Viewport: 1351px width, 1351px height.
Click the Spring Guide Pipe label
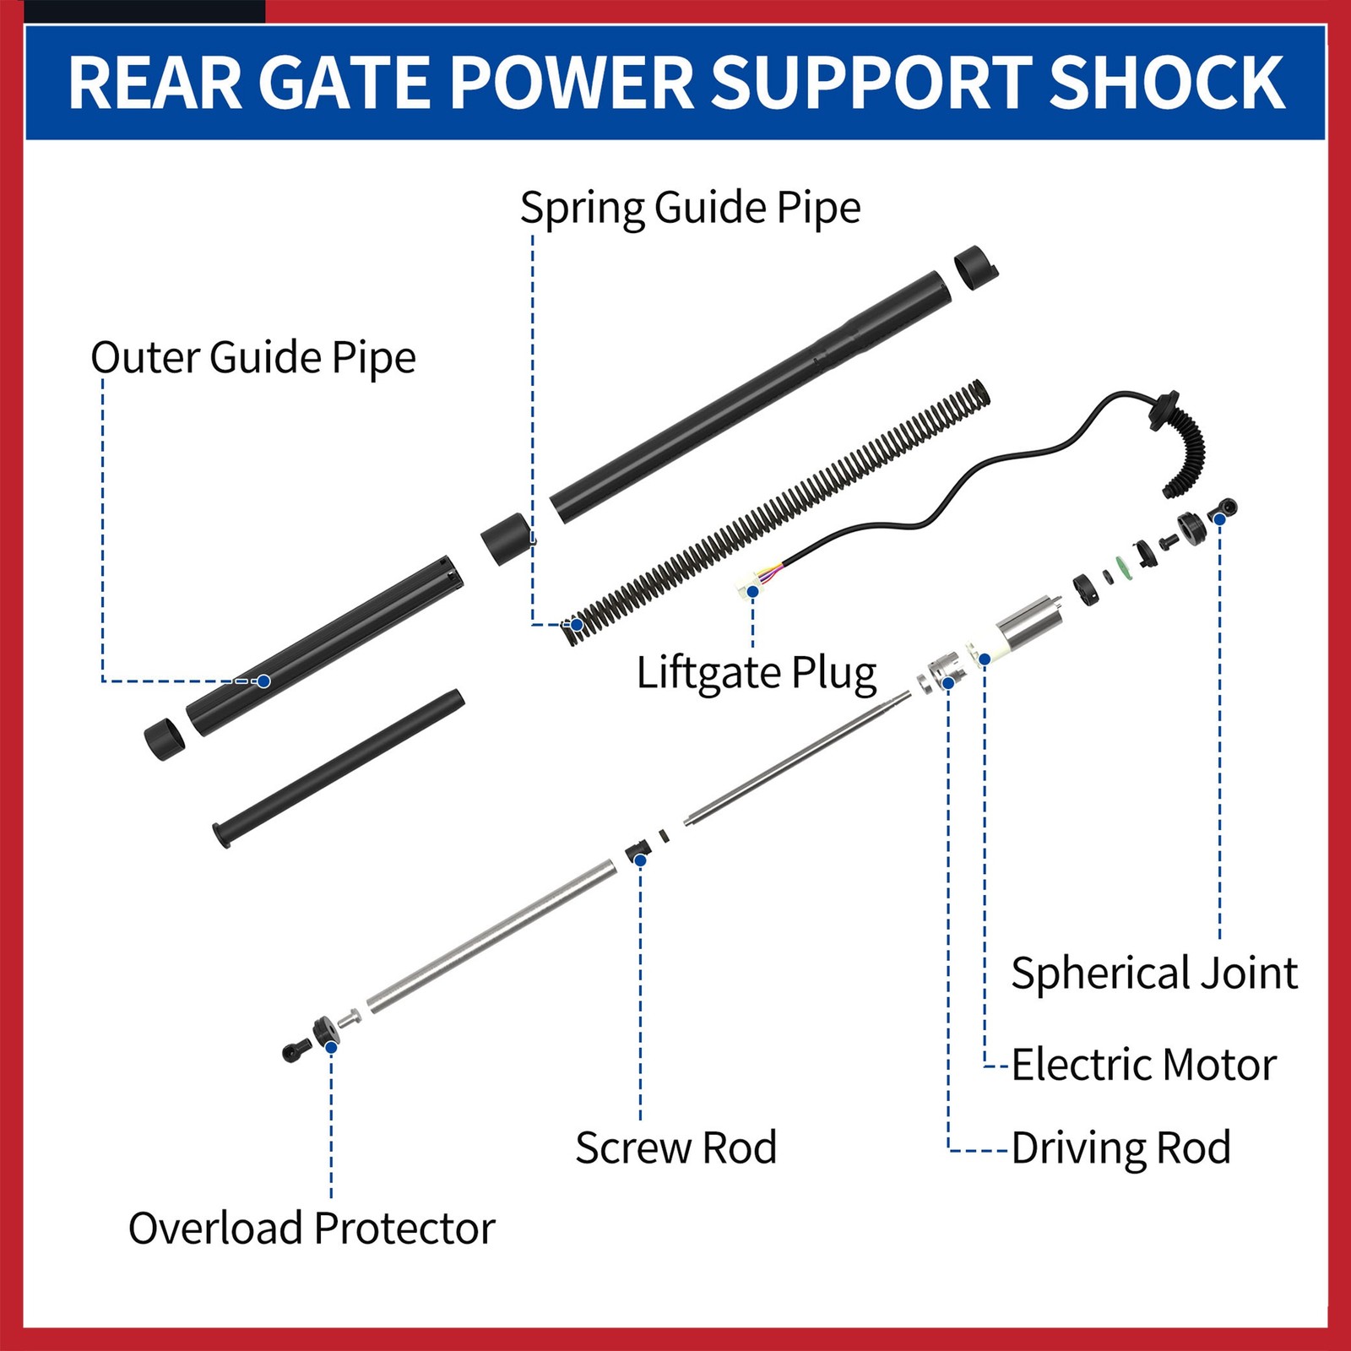click(x=690, y=208)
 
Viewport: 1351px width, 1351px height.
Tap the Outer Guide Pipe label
click(x=253, y=358)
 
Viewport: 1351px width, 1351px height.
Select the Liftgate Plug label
click(x=757, y=673)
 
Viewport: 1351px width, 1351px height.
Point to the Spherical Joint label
click(x=1153, y=973)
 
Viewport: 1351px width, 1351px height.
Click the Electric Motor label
click(x=1143, y=1064)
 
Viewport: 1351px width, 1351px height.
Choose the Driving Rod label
click(x=1120, y=1148)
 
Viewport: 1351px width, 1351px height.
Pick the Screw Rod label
click(x=675, y=1148)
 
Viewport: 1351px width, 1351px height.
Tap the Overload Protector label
click(x=312, y=1228)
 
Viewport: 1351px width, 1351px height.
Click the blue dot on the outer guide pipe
click(x=263, y=681)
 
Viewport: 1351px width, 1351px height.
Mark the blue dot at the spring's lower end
click(x=577, y=625)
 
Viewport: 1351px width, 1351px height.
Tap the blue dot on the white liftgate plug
click(x=752, y=591)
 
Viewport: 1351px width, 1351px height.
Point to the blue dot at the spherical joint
click(x=1219, y=518)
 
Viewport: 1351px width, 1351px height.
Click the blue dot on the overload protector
click(x=331, y=1047)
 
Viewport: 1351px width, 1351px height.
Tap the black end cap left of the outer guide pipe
click(x=164, y=739)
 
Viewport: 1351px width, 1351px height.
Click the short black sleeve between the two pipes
click(x=507, y=539)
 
